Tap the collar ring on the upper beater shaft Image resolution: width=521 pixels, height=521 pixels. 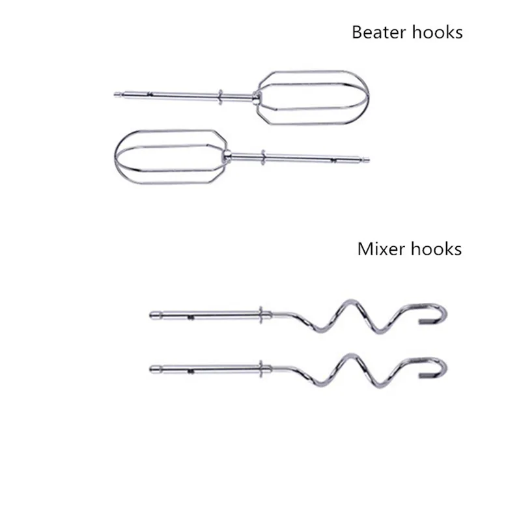pyautogui.click(x=222, y=96)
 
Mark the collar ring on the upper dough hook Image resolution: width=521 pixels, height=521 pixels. pyautogui.click(x=262, y=316)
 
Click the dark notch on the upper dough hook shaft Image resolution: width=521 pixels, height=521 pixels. pyautogui.click(x=190, y=318)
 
